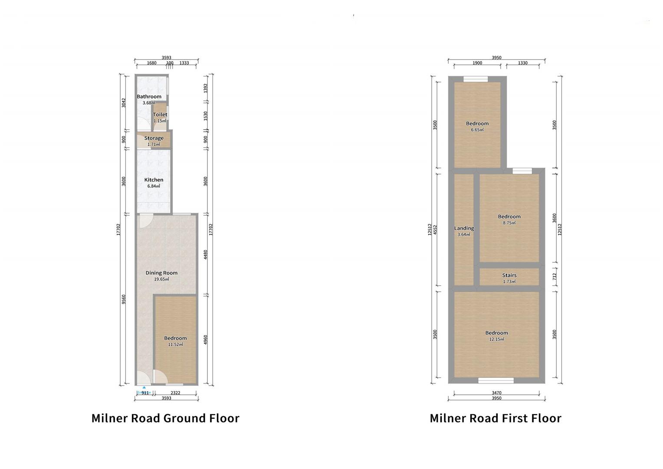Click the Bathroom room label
click(x=149, y=96)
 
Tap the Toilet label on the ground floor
click(x=160, y=115)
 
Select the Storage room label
click(x=154, y=138)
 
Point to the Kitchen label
click(x=154, y=180)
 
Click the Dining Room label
click(x=161, y=273)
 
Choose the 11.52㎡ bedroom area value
click(x=175, y=344)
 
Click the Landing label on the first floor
click(x=464, y=228)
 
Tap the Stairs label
click(x=509, y=275)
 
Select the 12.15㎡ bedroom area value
click(x=496, y=339)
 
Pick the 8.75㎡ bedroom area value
click(x=509, y=223)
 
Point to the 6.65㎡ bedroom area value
click(x=477, y=129)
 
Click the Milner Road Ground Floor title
click(x=165, y=418)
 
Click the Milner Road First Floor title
click(x=495, y=418)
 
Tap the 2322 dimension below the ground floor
click(x=175, y=393)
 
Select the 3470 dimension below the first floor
click(x=496, y=393)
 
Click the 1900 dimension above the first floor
click(x=477, y=63)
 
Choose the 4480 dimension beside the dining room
click(x=206, y=254)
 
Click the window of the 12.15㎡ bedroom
click(x=496, y=380)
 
